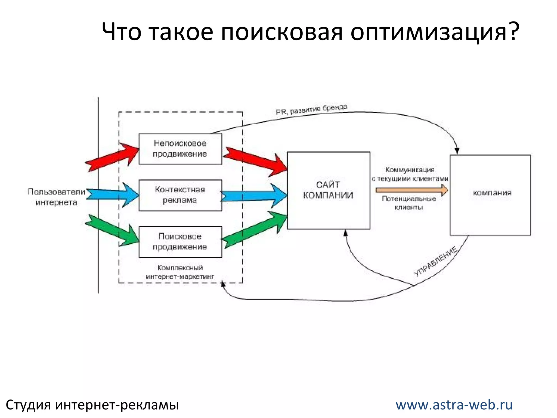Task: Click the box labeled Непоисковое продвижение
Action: [x=180, y=149]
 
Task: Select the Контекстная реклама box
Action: [x=180, y=195]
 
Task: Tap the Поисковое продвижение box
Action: [x=180, y=242]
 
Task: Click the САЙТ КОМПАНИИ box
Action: [x=329, y=190]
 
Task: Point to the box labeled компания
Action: [x=490, y=195]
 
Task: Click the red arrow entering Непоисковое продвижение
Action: [x=112, y=157]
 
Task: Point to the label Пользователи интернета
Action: [x=57, y=197]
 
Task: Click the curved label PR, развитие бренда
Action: [x=312, y=110]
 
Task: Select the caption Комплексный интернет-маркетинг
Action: [x=180, y=272]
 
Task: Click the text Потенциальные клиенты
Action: [x=409, y=203]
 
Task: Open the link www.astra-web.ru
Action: [x=454, y=405]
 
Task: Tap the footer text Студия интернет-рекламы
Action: [x=92, y=405]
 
